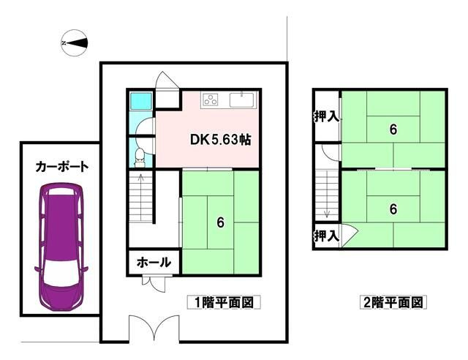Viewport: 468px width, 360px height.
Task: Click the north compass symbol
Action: pyautogui.click(x=75, y=43)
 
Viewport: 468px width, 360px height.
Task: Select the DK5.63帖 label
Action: pyautogui.click(x=220, y=140)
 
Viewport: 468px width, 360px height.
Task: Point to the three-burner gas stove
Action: pyautogui.click(x=212, y=100)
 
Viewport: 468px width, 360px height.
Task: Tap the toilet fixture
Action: pyautogui.click(x=139, y=154)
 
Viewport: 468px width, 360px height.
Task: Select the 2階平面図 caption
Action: pyautogui.click(x=393, y=301)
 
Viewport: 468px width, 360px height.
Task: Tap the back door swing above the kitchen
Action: pyautogui.click(x=167, y=81)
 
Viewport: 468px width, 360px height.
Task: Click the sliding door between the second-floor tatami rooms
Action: pyautogui.click(x=393, y=168)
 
